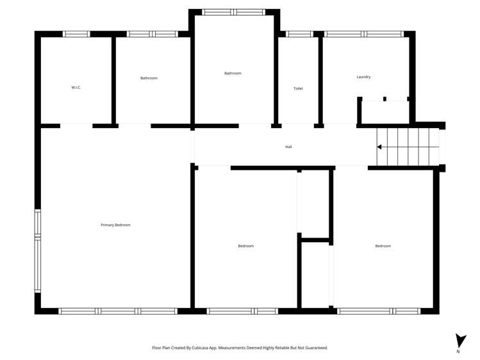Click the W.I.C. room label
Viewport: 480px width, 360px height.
pos(76,87)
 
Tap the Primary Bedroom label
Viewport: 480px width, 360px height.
pos(115,225)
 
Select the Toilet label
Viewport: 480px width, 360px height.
pos(298,88)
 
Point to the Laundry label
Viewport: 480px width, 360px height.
pos(363,77)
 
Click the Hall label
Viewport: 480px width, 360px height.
pos(288,147)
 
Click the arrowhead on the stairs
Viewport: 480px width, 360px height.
pos(379,147)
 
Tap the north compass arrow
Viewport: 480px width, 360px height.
pos(460,340)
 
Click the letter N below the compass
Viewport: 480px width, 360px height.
pos(458,352)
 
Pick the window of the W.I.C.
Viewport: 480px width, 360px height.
pos(76,34)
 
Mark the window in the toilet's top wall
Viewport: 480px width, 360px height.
pos(299,34)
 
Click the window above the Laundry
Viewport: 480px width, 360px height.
pos(363,34)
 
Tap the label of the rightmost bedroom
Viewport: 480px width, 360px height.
pos(383,246)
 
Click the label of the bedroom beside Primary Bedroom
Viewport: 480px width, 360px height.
pos(245,246)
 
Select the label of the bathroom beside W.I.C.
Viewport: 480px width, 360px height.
pos(149,78)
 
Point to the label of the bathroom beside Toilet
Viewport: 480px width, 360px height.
pos(233,73)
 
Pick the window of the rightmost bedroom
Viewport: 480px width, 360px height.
pos(379,311)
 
